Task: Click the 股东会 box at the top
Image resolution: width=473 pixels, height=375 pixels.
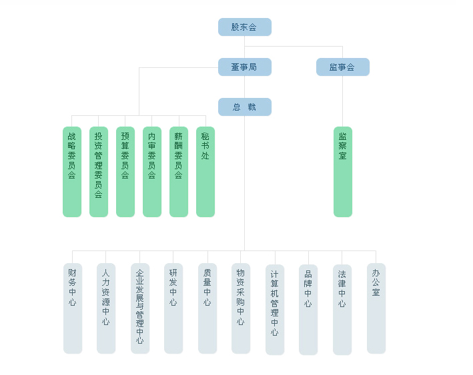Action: tap(244, 27)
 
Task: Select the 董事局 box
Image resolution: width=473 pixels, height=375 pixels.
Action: tap(244, 67)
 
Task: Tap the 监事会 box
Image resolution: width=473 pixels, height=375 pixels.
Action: tap(342, 67)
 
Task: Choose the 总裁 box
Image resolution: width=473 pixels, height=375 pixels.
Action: tap(244, 107)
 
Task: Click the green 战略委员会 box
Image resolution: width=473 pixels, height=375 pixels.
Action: tap(72, 172)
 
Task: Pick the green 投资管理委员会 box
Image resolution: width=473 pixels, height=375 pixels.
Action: tap(99, 172)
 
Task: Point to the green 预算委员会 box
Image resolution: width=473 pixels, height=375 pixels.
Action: tap(125, 172)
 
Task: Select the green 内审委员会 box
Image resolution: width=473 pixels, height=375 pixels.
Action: tap(152, 172)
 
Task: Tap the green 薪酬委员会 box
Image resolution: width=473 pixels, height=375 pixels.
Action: tap(179, 172)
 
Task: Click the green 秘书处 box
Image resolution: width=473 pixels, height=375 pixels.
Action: tap(205, 172)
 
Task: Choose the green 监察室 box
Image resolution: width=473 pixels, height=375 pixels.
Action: tap(343, 172)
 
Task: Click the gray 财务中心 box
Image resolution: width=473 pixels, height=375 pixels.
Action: tap(73, 308)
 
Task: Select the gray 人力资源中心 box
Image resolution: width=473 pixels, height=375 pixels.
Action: tap(106, 308)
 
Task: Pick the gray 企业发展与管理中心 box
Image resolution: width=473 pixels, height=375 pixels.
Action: tap(140, 308)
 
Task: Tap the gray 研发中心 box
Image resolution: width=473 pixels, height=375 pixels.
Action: tap(173, 308)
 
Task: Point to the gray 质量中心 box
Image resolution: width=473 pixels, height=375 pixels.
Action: tap(207, 308)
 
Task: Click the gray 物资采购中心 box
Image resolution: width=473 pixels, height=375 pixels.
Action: tap(241, 308)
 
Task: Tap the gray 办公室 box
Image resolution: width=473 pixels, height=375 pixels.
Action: tap(376, 308)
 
